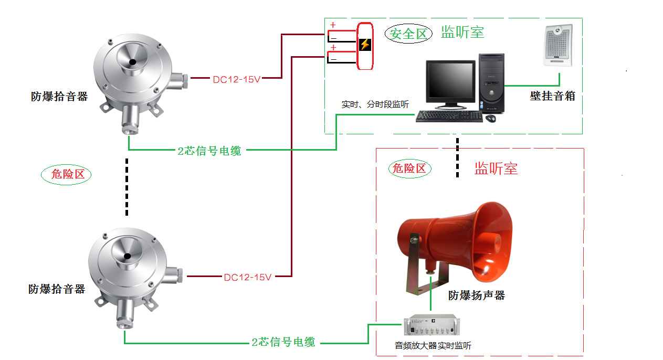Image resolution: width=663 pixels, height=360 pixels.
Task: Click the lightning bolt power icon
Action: click(x=365, y=45)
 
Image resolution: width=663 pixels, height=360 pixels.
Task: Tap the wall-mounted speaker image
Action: click(x=558, y=46)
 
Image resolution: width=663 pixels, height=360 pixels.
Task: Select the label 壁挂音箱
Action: click(x=552, y=96)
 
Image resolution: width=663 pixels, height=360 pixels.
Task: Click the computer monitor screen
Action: click(x=450, y=82)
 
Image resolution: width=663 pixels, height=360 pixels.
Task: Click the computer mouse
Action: click(x=491, y=119)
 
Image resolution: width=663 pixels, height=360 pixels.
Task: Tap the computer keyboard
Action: click(x=449, y=117)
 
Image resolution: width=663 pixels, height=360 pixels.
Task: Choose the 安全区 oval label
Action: click(x=408, y=34)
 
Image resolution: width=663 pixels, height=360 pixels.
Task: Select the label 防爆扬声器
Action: click(x=476, y=295)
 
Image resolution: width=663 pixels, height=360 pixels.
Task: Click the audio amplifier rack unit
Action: click(x=431, y=325)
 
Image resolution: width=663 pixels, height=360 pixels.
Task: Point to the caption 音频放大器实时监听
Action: click(x=433, y=346)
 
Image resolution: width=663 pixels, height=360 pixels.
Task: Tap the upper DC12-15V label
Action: click(x=236, y=80)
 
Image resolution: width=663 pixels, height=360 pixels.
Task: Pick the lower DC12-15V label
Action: click(x=247, y=277)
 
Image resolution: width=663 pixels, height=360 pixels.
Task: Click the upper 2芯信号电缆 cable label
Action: click(x=209, y=151)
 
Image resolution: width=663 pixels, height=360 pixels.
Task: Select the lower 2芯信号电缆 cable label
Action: click(x=283, y=342)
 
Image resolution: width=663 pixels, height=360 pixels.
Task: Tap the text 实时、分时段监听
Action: click(x=375, y=104)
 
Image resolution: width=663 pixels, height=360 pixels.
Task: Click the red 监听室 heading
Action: click(x=496, y=168)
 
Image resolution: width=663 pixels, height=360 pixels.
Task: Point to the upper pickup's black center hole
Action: click(x=132, y=62)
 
